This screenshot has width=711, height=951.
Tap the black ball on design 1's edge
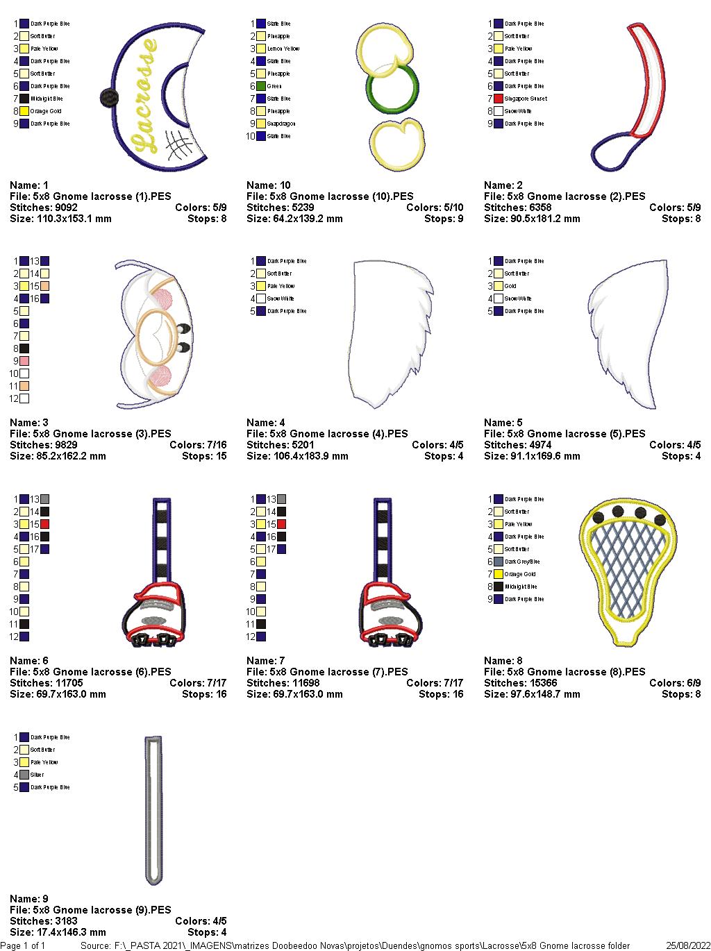pyautogui.click(x=106, y=98)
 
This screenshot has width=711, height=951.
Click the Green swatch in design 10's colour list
pyautogui.click(x=261, y=86)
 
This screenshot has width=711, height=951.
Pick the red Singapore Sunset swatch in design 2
pyautogui.click(x=499, y=99)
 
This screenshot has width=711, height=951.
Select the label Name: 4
pyautogui.click(x=266, y=423)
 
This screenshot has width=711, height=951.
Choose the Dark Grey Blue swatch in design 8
pyautogui.click(x=499, y=562)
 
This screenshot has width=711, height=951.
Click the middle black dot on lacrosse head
pyautogui.click(x=640, y=513)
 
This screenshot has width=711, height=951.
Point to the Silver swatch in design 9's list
pyautogui.click(x=24, y=775)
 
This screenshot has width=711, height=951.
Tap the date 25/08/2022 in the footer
pyautogui.click(x=688, y=945)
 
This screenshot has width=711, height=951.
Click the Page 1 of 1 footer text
pyautogui.click(x=23, y=945)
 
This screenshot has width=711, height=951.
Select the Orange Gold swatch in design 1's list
pyautogui.click(x=24, y=111)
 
